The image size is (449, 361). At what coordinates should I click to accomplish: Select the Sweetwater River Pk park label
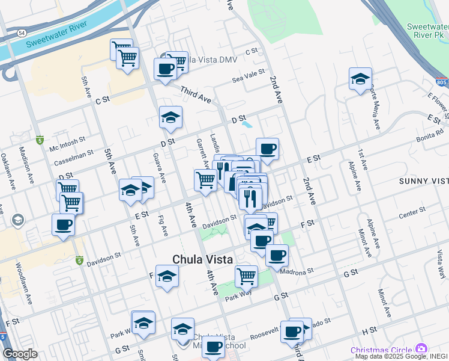[x=427, y=31]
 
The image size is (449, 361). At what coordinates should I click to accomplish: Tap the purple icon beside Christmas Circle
[x=421, y=348]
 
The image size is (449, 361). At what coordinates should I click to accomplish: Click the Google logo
[x=20, y=354]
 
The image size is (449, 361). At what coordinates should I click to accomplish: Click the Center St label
[x=411, y=211]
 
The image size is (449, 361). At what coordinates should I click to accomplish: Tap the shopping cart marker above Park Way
[x=246, y=277]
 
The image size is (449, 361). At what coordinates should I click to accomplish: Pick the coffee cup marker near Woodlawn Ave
[x=63, y=226]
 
